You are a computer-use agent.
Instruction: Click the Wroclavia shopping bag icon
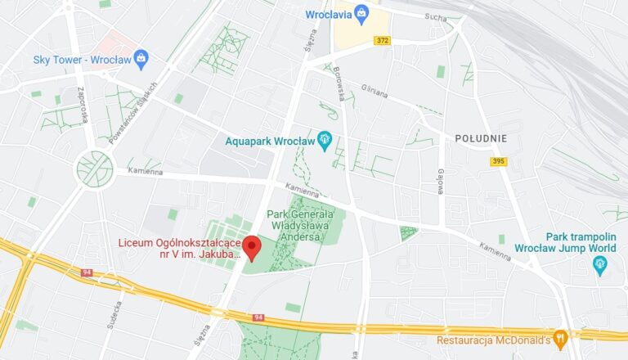pyautogui.click(x=361, y=14)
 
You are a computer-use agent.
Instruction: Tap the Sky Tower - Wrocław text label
pyautogui.click(x=81, y=59)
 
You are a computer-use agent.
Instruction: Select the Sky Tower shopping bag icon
pyautogui.click(x=141, y=58)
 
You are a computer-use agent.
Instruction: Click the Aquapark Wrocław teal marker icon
pyautogui.click(x=325, y=139)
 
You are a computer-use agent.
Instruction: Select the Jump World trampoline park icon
pyautogui.click(x=601, y=263)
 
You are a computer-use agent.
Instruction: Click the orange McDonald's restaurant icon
pyautogui.click(x=560, y=338)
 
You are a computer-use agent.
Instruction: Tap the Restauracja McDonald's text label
pyautogui.click(x=494, y=339)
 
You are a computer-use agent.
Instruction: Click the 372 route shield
pyautogui.click(x=382, y=40)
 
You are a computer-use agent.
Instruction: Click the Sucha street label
pyautogui.click(x=436, y=16)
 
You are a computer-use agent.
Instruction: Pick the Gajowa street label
pyautogui.click(x=440, y=182)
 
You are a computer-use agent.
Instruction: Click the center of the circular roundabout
pyautogui.click(x=95, y=169)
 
